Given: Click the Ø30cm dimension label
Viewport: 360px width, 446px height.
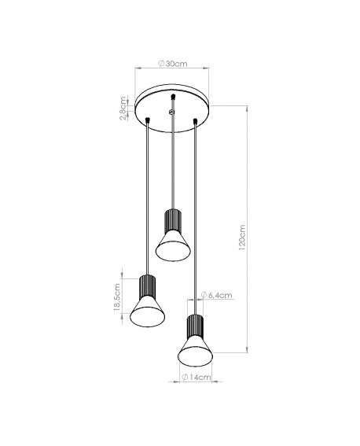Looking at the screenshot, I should [171, 64].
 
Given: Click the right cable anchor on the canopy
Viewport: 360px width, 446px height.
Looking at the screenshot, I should [194, 120].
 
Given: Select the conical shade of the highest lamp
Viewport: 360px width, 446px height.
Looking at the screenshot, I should [171, 244].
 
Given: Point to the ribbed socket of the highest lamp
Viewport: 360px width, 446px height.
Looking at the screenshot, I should [171, 218].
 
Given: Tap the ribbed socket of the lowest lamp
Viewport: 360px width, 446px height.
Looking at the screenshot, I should [193, 326].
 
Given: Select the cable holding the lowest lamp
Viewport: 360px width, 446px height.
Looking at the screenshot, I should [194, 220].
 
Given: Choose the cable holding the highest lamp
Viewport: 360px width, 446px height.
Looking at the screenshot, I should [171, 165].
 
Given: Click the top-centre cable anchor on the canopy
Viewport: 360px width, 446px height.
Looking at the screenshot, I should [171, 97].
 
